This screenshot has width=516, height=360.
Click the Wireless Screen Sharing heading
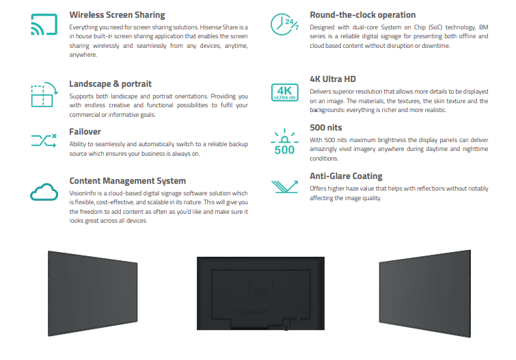pyautogui.click(x=117, y=15)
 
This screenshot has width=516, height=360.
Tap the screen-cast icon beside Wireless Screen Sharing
pyautogui.click(x=44, y=24)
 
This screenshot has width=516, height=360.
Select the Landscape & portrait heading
pyautogui.click(x=110, y=84)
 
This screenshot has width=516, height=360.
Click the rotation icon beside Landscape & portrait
pyautogui.click(x=44, y=94)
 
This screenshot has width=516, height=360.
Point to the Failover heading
pyautogui.click(x=85, y=132)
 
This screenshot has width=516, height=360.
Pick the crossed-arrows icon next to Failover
pyautogui.click(x=44, y=141)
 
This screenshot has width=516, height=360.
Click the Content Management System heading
pyautogui.click(x=127, y=181)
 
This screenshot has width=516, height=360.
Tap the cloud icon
pyautogui.click(x=44, y=192)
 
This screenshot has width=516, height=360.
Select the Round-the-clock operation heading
pyautogui.click(x=363, y=15)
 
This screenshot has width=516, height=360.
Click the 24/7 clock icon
pyautogui.click(x=285, y=25)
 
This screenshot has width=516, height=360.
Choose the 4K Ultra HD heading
pyautogui.click(x=333, y=79)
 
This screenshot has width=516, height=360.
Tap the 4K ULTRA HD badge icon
pyautogui.click(x=285, y=92)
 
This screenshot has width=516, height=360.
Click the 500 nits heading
pyautogui.click(x=326, y=128)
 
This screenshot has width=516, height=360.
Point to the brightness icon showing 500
pyautogui.click(x=285, y=141)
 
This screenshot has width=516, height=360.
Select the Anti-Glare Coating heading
pyautogui.click(x=346, y=176)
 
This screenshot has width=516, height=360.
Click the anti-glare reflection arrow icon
pyautogui.click(x=285, y=186)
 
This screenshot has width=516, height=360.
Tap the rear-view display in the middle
pyautogui.click(x=260, y=293)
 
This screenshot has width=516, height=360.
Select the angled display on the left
pyautogui.click(x=93, y=294)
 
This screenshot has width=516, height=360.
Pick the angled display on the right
pyautogui.click(x=425, y=294)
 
